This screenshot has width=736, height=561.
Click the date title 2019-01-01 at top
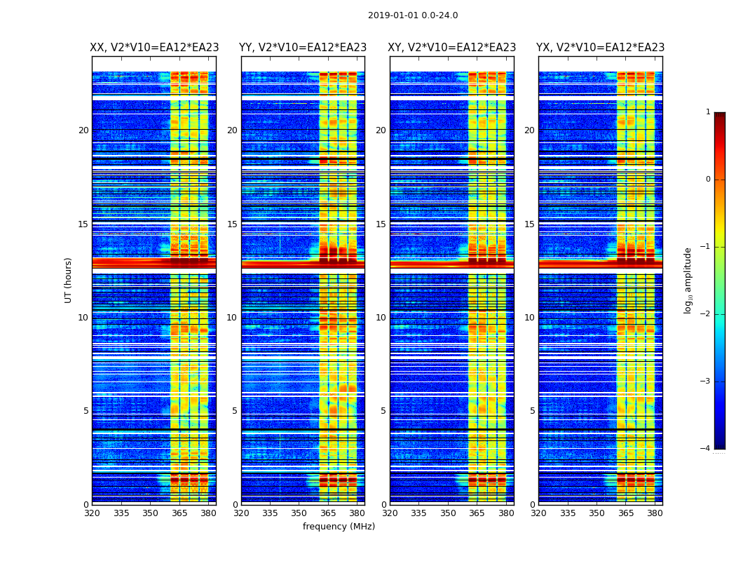(x=413, y=15)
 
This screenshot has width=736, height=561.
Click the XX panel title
(x=154, y=48)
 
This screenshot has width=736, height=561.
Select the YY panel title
(x=303, y=48)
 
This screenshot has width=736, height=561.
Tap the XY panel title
(x=452, y=48)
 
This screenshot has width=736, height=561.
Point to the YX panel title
(x=601, y=48)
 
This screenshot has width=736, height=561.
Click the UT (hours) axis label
(x=69, y=280)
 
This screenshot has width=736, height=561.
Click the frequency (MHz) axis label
(x=339, y=527)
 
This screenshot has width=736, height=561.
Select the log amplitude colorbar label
(x=688, y=280)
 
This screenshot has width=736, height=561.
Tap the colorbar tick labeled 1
(x=708, y=112)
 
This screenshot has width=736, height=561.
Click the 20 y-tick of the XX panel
(x=83, y=130)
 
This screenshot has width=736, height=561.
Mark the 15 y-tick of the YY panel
(x=232, y=224)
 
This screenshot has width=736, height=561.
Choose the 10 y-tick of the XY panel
(x=381, y=318)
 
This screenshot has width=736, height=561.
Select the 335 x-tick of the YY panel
(x=270, y=513)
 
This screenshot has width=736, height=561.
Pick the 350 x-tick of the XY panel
(x=448, y=513)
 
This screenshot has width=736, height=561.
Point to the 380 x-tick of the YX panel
(x=655, y=513)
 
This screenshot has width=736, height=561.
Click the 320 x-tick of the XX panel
(x=93, y=513)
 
